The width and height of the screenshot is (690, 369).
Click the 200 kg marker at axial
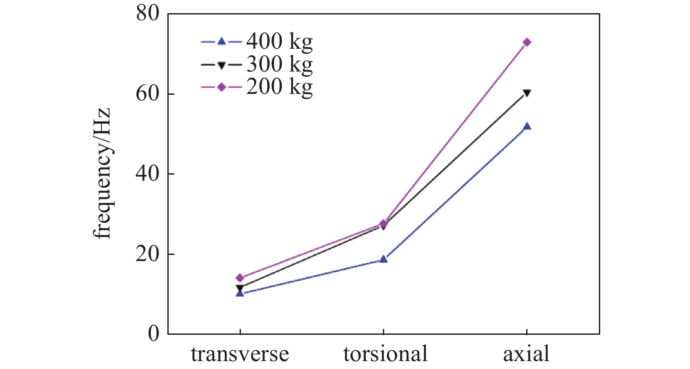[x=527, y=43]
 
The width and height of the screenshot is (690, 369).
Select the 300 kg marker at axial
[x=527, y=93]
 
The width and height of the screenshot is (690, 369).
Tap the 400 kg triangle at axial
[x=527, y=126]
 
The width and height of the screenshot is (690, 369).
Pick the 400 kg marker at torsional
[x=383, y=259]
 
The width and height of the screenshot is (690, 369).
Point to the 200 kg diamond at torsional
[x=383, y=224]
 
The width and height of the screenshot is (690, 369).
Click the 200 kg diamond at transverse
[x=240, y=278]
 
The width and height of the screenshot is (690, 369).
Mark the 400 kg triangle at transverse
[x=240, y=293]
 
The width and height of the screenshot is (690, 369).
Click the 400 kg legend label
[x=280, y=42]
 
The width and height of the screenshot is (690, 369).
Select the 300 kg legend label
[x=280, y=64]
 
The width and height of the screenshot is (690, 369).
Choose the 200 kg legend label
[x=280, y=87]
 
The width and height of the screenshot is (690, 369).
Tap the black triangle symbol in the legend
[x=222, y=65]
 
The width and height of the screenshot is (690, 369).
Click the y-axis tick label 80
[x=148, y=14]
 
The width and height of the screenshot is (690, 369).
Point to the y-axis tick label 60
[x=148, y=94]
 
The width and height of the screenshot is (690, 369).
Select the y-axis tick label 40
[x=148, y=174]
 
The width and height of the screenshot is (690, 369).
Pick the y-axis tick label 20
[x=148, y=254]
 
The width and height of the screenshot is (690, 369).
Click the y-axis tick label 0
[x=154, y=334]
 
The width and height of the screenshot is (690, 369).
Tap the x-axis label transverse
[x=240, y=354]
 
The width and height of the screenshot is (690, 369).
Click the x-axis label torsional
[x=385, y=354]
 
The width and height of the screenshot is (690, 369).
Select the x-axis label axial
[x=526, y=354]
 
